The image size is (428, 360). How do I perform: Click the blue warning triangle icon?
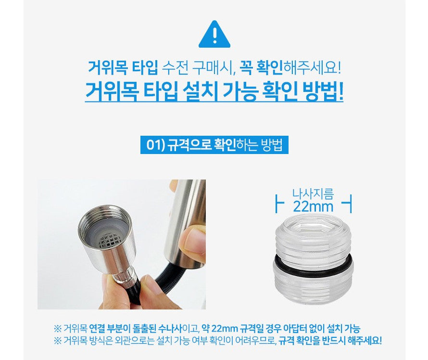[214, 35]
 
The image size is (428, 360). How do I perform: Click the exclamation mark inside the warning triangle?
[214, 36]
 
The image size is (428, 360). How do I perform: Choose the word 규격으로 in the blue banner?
[190, 145]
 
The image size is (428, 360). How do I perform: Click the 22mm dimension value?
[313, 207]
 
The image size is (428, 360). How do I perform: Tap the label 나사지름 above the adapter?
[313, 194]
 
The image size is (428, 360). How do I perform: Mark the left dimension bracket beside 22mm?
[279, 203]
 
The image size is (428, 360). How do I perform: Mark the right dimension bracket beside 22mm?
[348, 203]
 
